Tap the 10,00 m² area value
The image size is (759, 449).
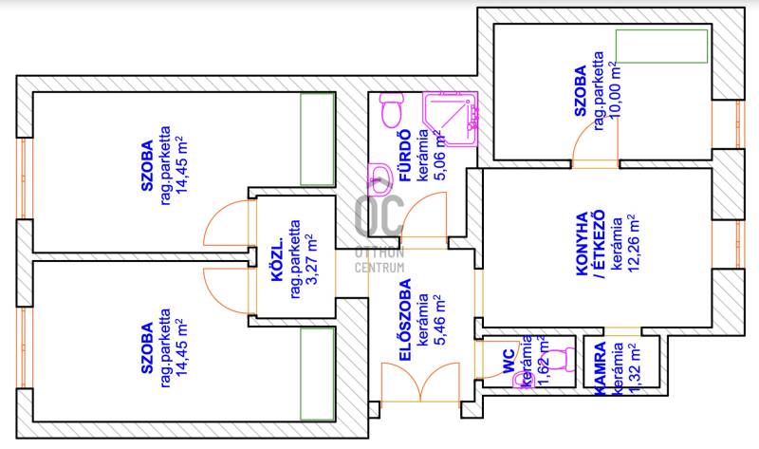[616, 83]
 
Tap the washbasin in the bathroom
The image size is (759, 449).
[379, 175]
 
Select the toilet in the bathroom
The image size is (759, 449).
[388, 115]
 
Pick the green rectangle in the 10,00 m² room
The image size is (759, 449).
[660, 45]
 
